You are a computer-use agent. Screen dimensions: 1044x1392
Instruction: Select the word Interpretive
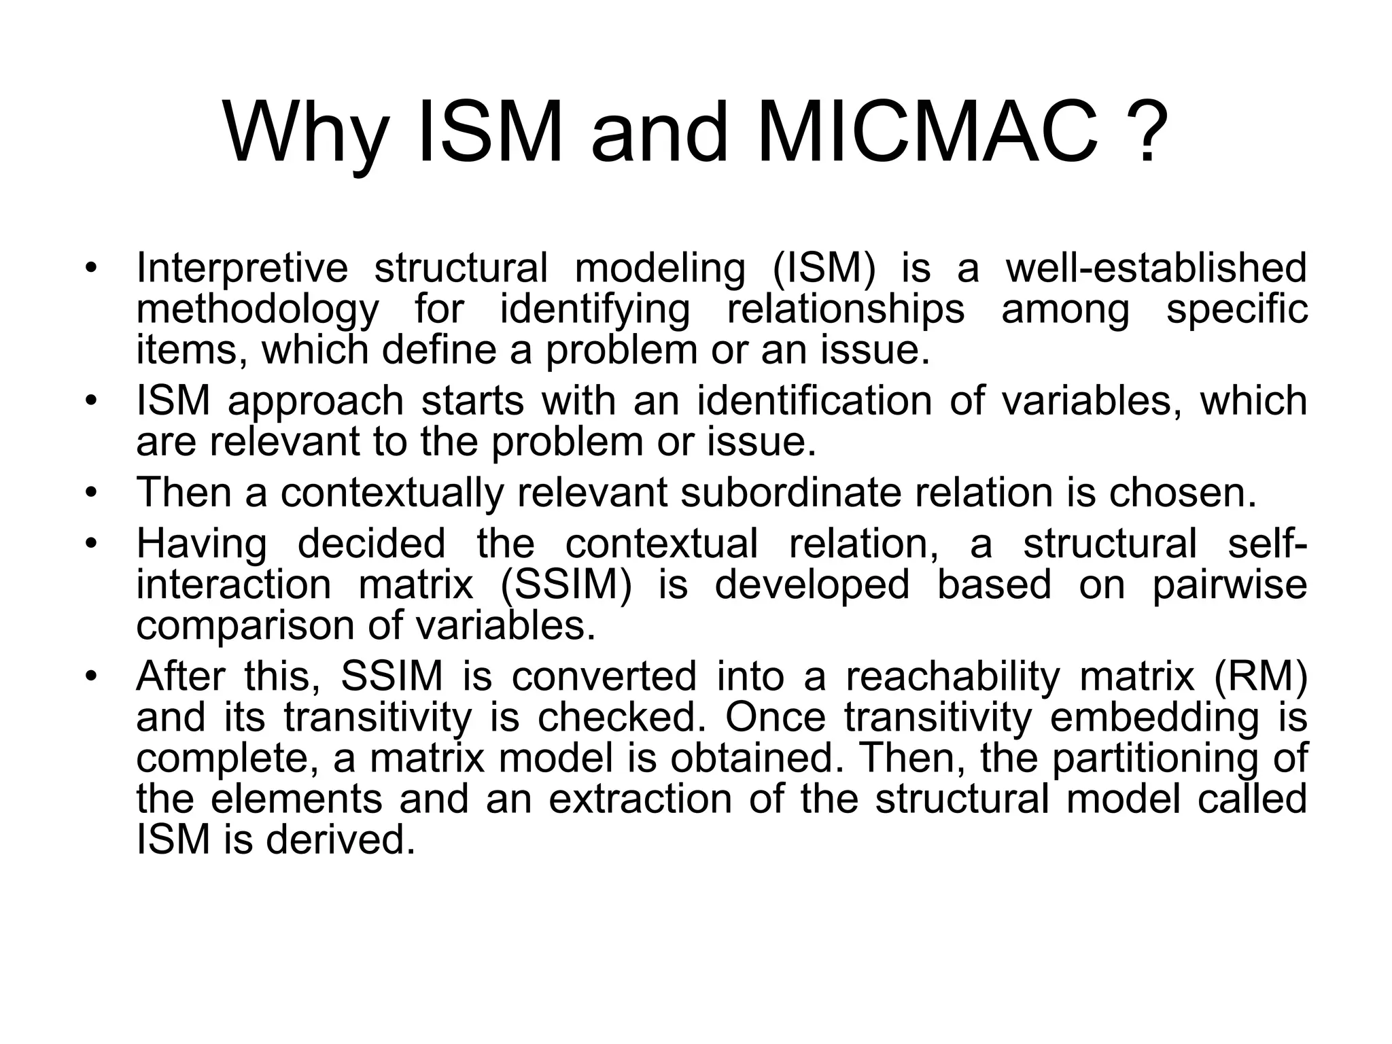242,268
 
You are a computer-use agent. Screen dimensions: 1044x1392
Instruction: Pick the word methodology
258,309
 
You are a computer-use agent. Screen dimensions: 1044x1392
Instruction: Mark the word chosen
1183,492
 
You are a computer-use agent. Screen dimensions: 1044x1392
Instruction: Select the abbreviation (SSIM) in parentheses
565,585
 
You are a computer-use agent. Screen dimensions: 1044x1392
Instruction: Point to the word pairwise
1230,585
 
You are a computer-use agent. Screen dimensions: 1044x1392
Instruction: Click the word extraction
640,799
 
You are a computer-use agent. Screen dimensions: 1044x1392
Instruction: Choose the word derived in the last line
340,840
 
